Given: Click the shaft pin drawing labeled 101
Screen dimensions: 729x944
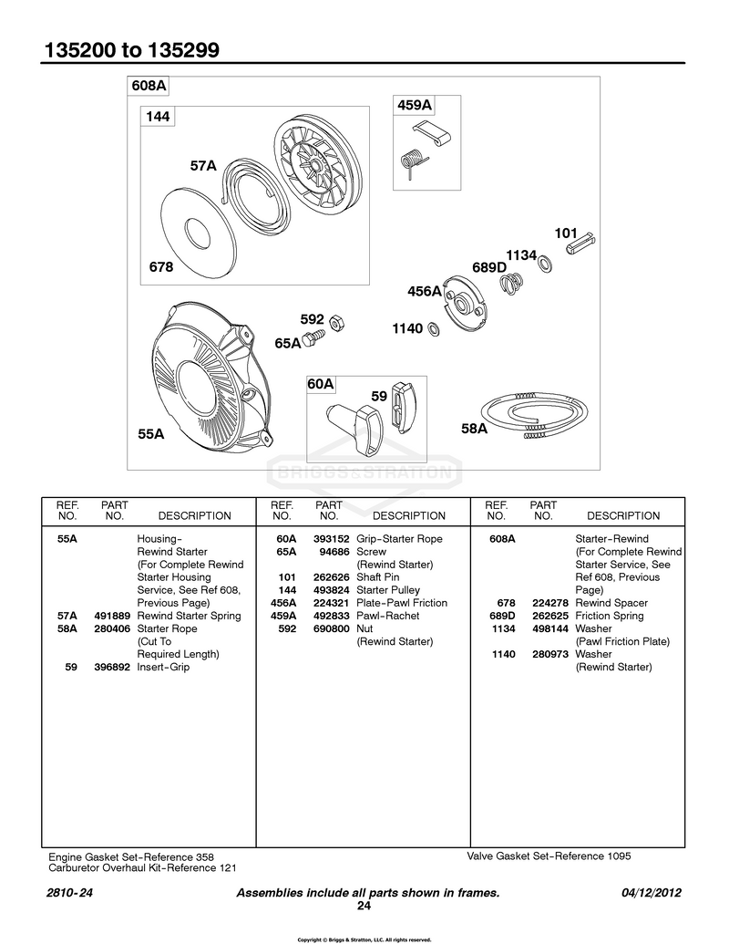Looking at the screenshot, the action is pos(582,242).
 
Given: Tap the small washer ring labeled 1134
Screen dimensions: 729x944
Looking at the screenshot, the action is pos(545,264).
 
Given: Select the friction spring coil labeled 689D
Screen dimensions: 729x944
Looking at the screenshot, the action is pos(512,283).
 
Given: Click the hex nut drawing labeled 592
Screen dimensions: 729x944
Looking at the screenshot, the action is pos(337,322).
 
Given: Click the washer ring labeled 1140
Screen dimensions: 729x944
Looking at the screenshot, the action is pos(433,328).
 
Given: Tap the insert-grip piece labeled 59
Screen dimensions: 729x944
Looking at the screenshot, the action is pos(401,407).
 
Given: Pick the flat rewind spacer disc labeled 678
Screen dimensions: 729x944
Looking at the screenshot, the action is pos(197,231).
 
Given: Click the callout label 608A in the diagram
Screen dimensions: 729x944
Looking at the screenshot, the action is pos(149,86).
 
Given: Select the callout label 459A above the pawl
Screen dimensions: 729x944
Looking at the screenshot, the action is pos(415,105).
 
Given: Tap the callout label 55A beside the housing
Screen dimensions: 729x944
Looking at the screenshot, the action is pos(151,434).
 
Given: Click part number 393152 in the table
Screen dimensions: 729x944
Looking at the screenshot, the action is pos(331,539).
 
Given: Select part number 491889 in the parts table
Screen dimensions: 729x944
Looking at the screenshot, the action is pos(112,616).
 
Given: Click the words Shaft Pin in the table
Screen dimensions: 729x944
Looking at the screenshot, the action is pos(378,576).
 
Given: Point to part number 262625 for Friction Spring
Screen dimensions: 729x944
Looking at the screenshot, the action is pos(549,616).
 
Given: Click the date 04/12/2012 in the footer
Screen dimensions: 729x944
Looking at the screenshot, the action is pos(652,893).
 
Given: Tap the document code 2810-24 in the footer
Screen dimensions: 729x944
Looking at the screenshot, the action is pos(70,893).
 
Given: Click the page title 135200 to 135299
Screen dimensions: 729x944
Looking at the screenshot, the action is pos(132,50).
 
